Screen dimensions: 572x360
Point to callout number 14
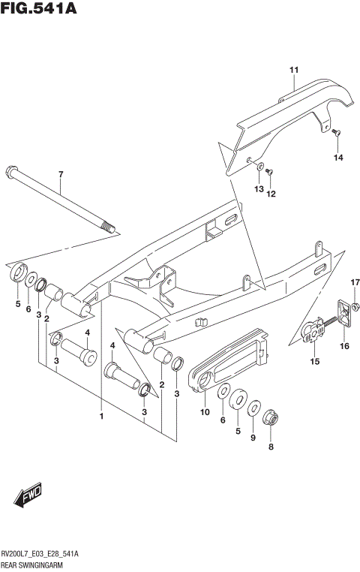click(x=337, y=157)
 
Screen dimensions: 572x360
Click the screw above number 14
click(x=336, y=134)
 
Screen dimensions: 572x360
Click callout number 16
click(x=345, y=346)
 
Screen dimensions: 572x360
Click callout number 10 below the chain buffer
click(x=203, y=411)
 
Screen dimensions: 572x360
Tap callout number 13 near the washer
click(x=258, y=191)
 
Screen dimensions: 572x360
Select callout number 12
click(x=271, y=194)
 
